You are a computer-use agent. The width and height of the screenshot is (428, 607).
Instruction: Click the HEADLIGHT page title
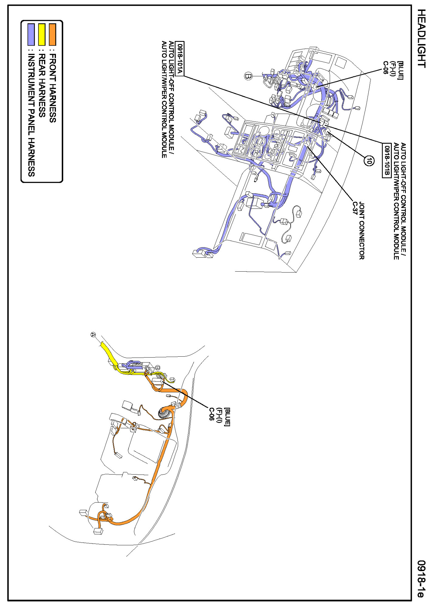[x=421, y=38]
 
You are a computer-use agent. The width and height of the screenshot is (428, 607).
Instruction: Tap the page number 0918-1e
[x=421, y=579]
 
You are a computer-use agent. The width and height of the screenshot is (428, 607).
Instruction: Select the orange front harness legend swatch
[x=53, y=34]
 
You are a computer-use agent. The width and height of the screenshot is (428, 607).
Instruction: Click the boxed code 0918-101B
[x=386, y=161]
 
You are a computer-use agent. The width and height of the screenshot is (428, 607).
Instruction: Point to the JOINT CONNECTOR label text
[x=362, y=231]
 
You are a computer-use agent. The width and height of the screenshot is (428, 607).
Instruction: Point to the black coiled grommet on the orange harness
[x=164, y=413]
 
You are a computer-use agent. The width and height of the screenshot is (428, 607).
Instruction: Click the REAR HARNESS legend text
[x=42, y=86]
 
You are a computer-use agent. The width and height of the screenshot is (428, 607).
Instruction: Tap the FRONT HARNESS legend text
[x=53, y=88]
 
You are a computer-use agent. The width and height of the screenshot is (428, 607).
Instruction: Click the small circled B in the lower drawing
[x=157, y=368]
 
